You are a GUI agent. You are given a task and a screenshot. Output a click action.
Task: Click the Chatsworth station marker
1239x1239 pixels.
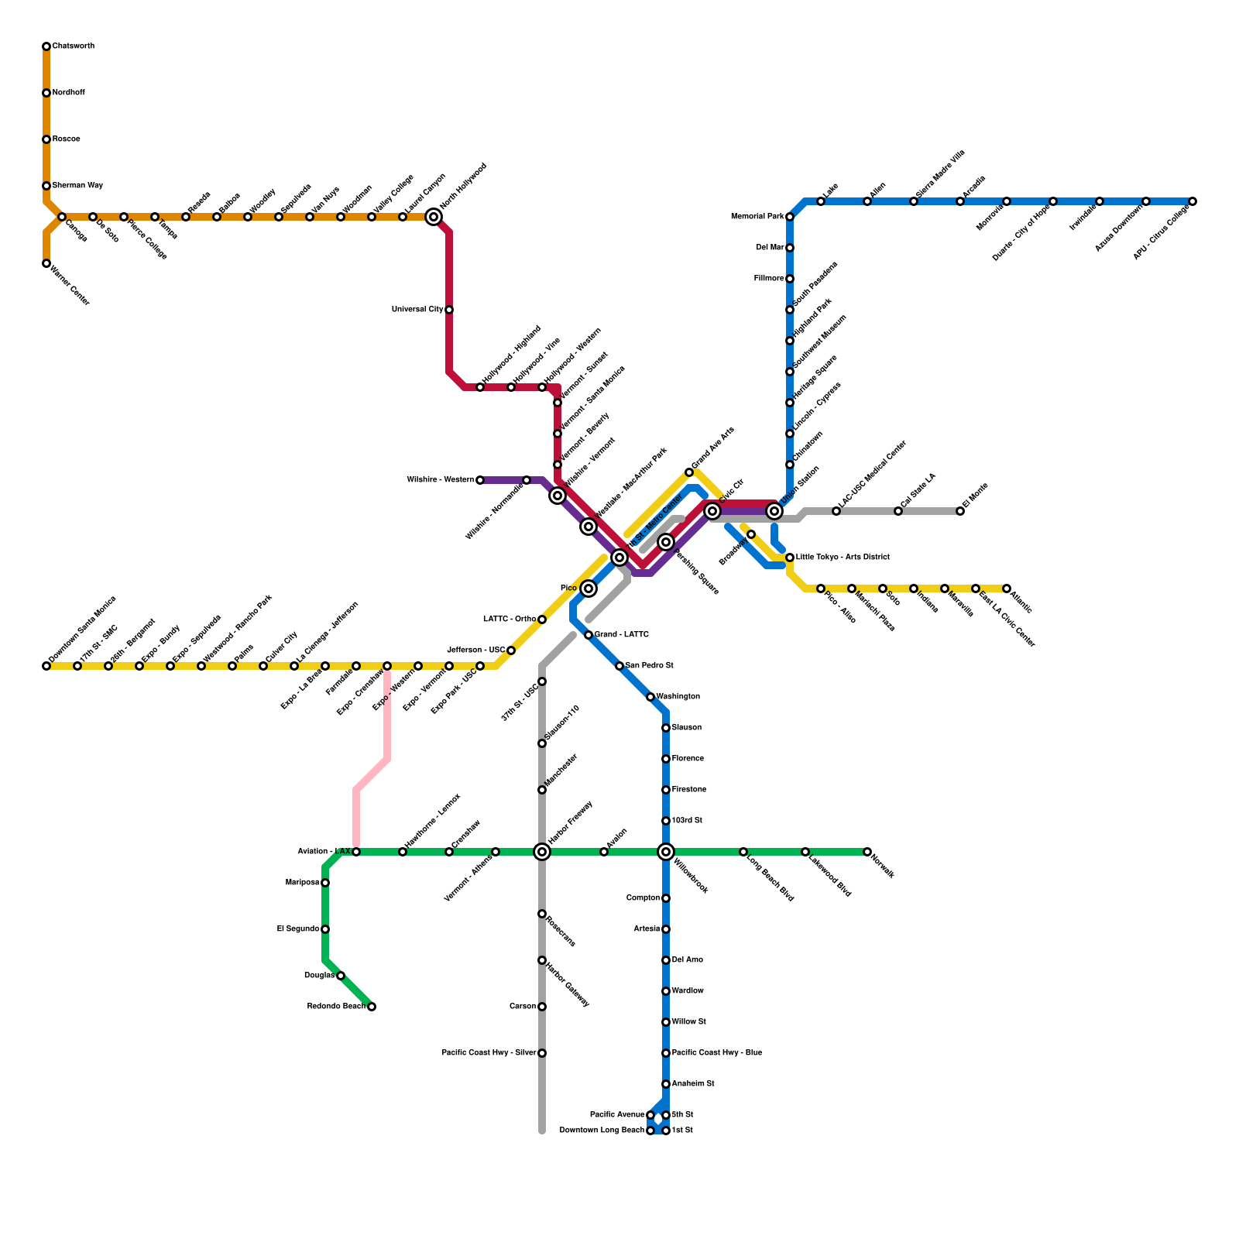pyautogui.click(x=46, y=46)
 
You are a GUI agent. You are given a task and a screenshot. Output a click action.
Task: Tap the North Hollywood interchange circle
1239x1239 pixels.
pyautogui.click(x=434, y=217)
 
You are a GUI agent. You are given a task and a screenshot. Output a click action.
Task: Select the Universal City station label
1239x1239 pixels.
pyautogui.click(x=417, y=310)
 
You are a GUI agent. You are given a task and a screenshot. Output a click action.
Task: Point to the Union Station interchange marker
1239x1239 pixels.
pyautogui.click(x=774, y=511)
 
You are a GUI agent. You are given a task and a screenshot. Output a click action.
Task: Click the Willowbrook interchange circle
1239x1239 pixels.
pyautogui.click(x=666, y=852)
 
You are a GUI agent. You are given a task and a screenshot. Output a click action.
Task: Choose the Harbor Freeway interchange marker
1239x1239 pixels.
pyautogui.click(x=542, y=852)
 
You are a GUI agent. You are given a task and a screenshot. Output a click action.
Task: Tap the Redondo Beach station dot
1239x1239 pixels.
pyautogui.click(x=372, y=1007)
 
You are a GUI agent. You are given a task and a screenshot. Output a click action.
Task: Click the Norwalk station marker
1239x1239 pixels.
pyautogui.click(x=867, y=852)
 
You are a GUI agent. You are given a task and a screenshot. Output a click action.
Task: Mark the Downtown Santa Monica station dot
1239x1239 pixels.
pyautogui.click(x=46, y=666)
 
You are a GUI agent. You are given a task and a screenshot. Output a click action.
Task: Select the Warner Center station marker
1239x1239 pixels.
pyautogui.click(x=46, y=263)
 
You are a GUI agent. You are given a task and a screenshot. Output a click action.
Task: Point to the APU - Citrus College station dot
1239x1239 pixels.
pyautogui.click(x=1193, y=201)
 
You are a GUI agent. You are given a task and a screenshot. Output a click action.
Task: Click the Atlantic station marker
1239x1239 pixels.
pyautogui.click(x=1007, y=589)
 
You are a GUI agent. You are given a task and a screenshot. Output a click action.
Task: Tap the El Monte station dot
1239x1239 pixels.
pyautogui.click(x=960, y=511)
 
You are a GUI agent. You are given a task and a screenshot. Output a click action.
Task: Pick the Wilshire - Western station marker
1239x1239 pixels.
pyautogui.click(x=480, y=480)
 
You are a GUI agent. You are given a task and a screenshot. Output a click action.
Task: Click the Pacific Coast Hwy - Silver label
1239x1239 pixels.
pyautogui.click(x=489, y=1053)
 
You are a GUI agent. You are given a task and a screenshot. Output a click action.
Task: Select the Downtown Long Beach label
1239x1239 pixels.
pyautogui.click(x=602, y=1131)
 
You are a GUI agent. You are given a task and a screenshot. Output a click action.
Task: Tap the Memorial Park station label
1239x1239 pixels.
pyautogui.click(x=757, y=217)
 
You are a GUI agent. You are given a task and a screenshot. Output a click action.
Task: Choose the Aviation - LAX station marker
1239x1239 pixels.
pyautogui.click(x=356, y=852)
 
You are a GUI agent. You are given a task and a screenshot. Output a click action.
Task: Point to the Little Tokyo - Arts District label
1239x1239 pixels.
pyautogui.click(x=843, y=558)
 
